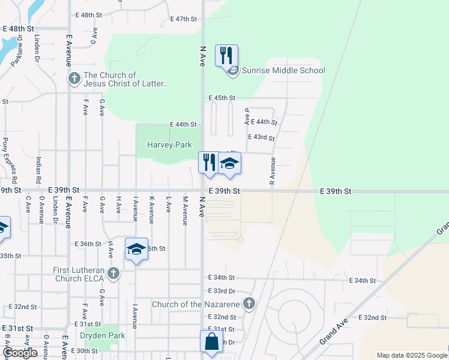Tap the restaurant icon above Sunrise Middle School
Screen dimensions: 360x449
[226, 56]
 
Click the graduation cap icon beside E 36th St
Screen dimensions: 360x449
[137, 249]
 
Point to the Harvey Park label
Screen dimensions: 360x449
[169, 145]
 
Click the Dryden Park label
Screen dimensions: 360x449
[103, 335]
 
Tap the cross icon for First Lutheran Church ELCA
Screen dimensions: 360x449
[113, 274]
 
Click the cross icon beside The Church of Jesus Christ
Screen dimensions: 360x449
[74, 79]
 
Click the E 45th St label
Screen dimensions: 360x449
[222, 98]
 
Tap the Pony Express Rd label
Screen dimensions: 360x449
[5, 152]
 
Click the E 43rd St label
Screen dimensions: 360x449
[261, 138]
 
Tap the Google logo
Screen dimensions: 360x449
[20, 353]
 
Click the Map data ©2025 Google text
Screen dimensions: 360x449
[411, 355]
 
